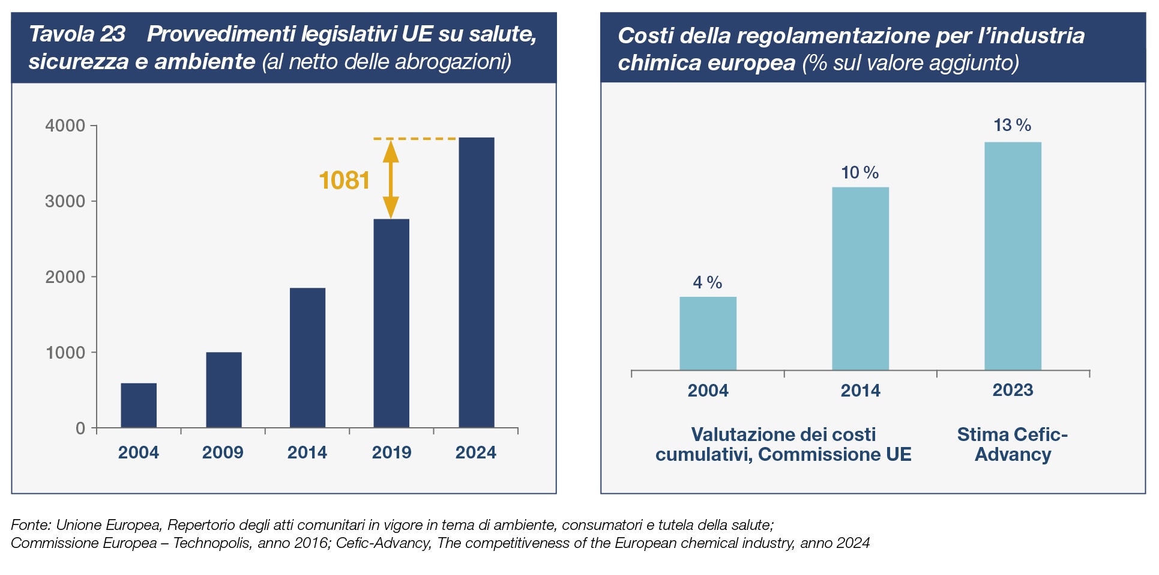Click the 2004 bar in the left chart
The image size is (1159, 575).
(139, 405)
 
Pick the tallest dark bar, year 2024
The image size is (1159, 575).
(477, 282)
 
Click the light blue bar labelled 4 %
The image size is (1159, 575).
(708, 333)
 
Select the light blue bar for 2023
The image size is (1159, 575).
(1013, 256)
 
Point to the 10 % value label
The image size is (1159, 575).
(859, 173)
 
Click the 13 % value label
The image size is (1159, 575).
(1012, 125)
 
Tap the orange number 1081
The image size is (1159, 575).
(344, 180)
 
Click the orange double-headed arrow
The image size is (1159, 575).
(391, 179)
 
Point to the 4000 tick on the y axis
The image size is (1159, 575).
(65, 126)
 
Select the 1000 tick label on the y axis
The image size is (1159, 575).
(65, 353)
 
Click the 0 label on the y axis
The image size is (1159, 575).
(80, 428)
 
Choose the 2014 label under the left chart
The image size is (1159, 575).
(307, 452)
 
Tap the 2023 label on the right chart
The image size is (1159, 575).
(1013, 391)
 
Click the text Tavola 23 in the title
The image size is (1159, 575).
(77, 34)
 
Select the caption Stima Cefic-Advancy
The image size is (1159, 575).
(1013, 444)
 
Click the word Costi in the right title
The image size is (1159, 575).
(643, 35)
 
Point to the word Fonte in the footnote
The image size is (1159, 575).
(30, 525)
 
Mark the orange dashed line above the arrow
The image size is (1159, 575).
(415, 139)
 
